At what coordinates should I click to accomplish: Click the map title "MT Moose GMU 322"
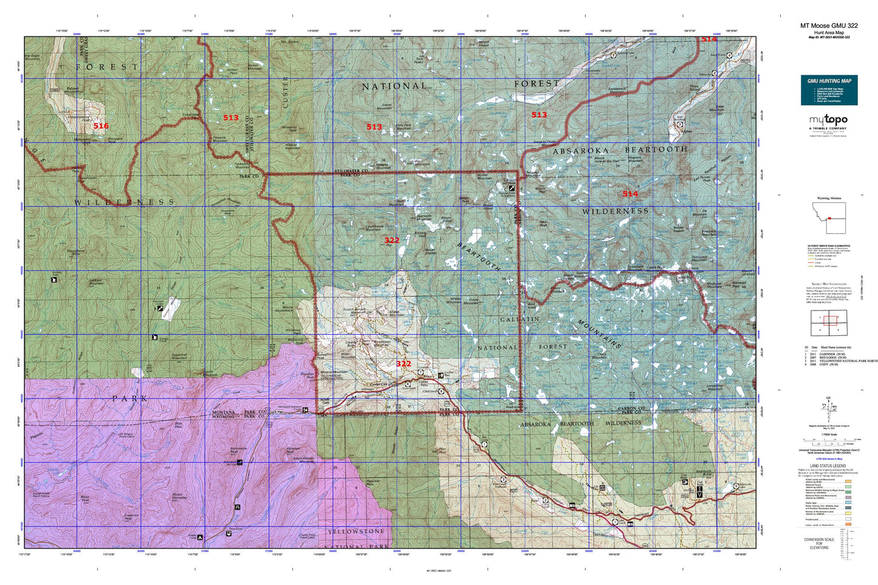point(828,26)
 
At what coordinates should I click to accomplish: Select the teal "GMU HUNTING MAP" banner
point(829,81)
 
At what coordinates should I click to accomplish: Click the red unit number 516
point(101,126)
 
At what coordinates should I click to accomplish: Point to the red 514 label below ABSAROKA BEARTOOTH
point(630,194)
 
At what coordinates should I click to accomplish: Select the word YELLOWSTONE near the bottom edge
point(356,532)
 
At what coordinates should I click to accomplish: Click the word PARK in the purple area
point(130,399)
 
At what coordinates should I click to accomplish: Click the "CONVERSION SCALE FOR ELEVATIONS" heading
point(818,543)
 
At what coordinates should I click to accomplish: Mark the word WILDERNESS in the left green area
point(125,202)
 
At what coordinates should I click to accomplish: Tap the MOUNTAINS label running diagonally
point(599,334)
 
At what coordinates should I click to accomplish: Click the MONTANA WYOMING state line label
point(223,415)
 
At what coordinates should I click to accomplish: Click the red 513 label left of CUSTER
point(231,118)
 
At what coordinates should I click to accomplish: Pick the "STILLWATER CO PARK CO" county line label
point(352,173)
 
